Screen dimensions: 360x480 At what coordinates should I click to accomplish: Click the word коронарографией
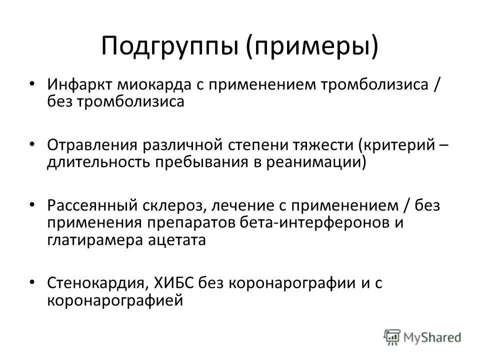113,300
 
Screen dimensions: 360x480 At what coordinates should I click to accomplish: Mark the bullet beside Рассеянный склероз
32,205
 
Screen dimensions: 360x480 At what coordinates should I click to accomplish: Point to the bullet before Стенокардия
32,282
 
